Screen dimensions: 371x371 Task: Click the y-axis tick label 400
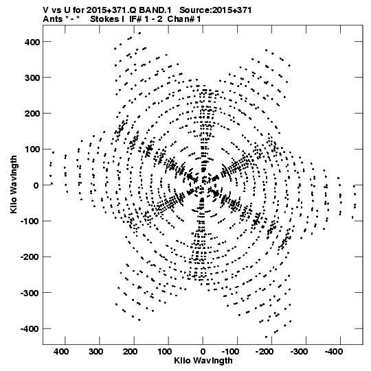tap(32, 42)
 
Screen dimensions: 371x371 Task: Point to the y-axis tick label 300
tap(32, 78)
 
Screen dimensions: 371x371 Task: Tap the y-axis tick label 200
tap(32, 114)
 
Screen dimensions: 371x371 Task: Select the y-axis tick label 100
tap(32, 149)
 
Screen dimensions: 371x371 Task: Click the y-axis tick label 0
tap(36, 185)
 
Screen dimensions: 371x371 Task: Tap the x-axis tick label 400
tap(61, 352)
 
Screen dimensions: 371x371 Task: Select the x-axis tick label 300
tap(95, 352)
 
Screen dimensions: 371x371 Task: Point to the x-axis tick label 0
tap(203, 352)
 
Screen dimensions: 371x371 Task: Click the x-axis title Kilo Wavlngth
tap(203, 361)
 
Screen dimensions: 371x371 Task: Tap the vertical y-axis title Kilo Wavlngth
tap(14, 184)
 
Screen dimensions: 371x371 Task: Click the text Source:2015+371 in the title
tap(216, 10)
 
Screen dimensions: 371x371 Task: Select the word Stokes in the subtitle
tap(105, 19)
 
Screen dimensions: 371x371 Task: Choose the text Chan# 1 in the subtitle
tap(184, 19)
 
